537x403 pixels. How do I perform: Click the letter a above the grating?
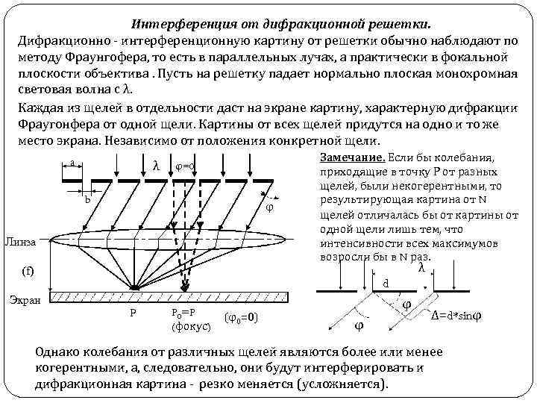72,163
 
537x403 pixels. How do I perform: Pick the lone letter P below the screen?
133,313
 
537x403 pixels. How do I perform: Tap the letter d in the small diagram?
386,283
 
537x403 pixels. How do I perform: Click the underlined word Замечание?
352,158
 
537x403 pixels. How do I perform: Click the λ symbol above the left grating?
155,165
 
